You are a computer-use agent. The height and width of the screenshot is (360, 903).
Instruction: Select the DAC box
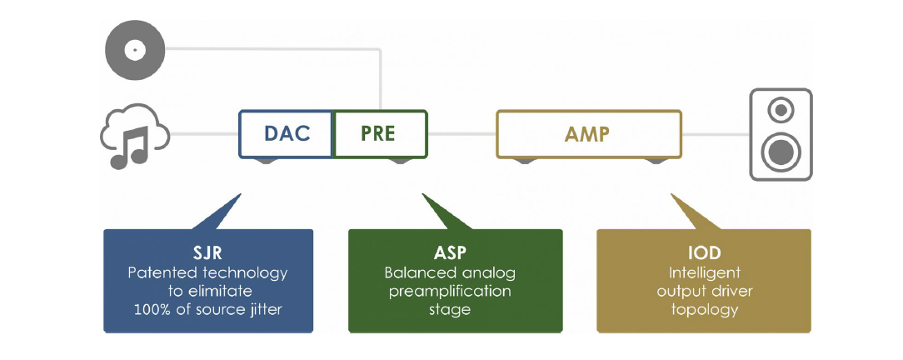click(x=287, y=133)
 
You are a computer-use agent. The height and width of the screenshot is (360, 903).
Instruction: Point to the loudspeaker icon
click(x=780, y=134)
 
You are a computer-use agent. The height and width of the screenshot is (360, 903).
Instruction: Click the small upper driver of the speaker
click(x=780, y=109)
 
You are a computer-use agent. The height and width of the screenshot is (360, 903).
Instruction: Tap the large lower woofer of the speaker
click(x=780, y=151)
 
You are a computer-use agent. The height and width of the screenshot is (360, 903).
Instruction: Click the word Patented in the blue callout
click(x=157, y=272)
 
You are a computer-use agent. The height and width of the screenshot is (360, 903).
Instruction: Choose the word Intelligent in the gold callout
click(x=704, y=272)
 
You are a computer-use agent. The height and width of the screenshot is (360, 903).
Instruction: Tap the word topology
click(x=704, y=310)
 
